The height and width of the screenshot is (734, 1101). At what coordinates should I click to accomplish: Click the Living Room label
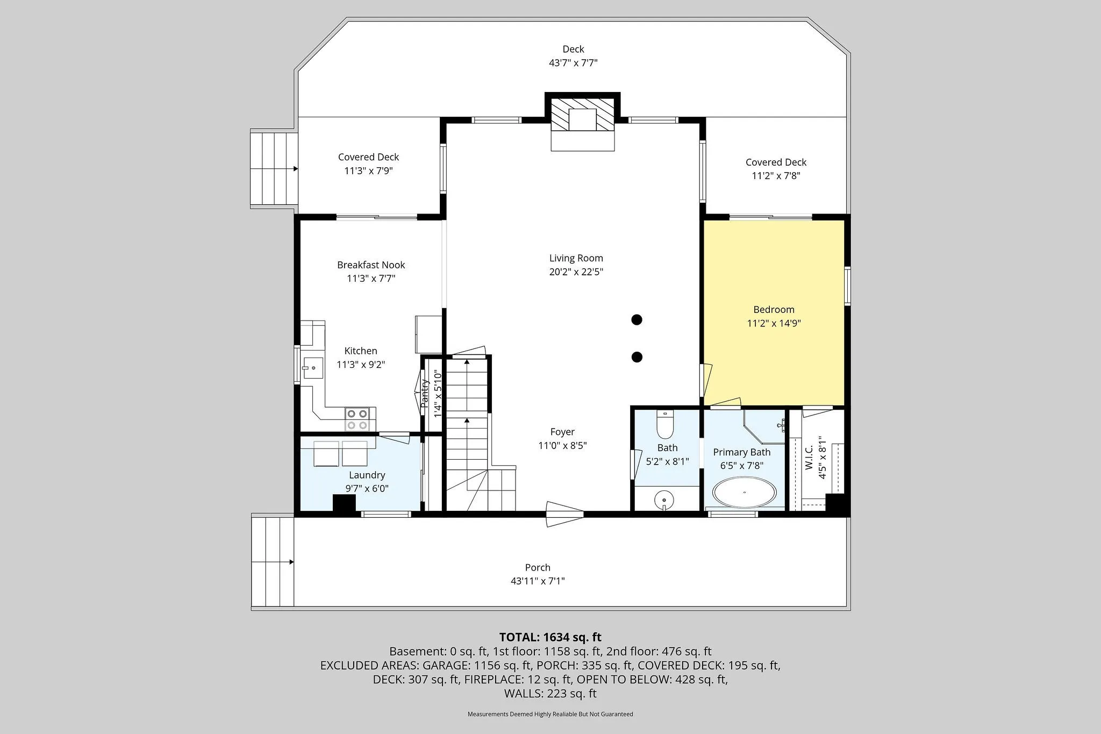coord(576,258)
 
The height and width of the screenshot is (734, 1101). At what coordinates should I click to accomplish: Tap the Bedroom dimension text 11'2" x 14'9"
coord(774,323)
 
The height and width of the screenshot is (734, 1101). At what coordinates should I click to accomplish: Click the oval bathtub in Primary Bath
coord(745,492)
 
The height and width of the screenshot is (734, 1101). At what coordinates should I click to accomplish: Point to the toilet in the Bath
coord(665,424)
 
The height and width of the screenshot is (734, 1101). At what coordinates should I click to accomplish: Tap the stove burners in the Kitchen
coord(358,419)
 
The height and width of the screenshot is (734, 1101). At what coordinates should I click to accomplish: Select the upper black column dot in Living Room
coord(637,320)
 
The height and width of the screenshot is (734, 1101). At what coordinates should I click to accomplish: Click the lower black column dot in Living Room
coord(637,357)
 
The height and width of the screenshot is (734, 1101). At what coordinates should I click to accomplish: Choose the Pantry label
coord(425,394)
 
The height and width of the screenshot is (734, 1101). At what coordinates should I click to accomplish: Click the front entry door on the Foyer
coord(564,514)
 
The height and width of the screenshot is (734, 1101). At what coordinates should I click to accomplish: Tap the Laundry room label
coord(367,475)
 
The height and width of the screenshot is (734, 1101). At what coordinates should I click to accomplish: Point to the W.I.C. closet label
coord(810,457)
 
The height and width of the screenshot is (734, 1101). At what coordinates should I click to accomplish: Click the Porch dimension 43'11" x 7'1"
coord(538,581)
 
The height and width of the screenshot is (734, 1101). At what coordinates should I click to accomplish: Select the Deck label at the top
coord(573,49)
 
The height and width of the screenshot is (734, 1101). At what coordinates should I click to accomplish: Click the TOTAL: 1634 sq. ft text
coord(550,638)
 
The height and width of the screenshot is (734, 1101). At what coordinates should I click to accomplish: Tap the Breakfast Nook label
coord(371,265)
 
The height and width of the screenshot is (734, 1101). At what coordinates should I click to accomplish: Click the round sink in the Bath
coord(664,500)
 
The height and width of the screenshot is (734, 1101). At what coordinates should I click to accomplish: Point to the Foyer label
coord(562,432)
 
